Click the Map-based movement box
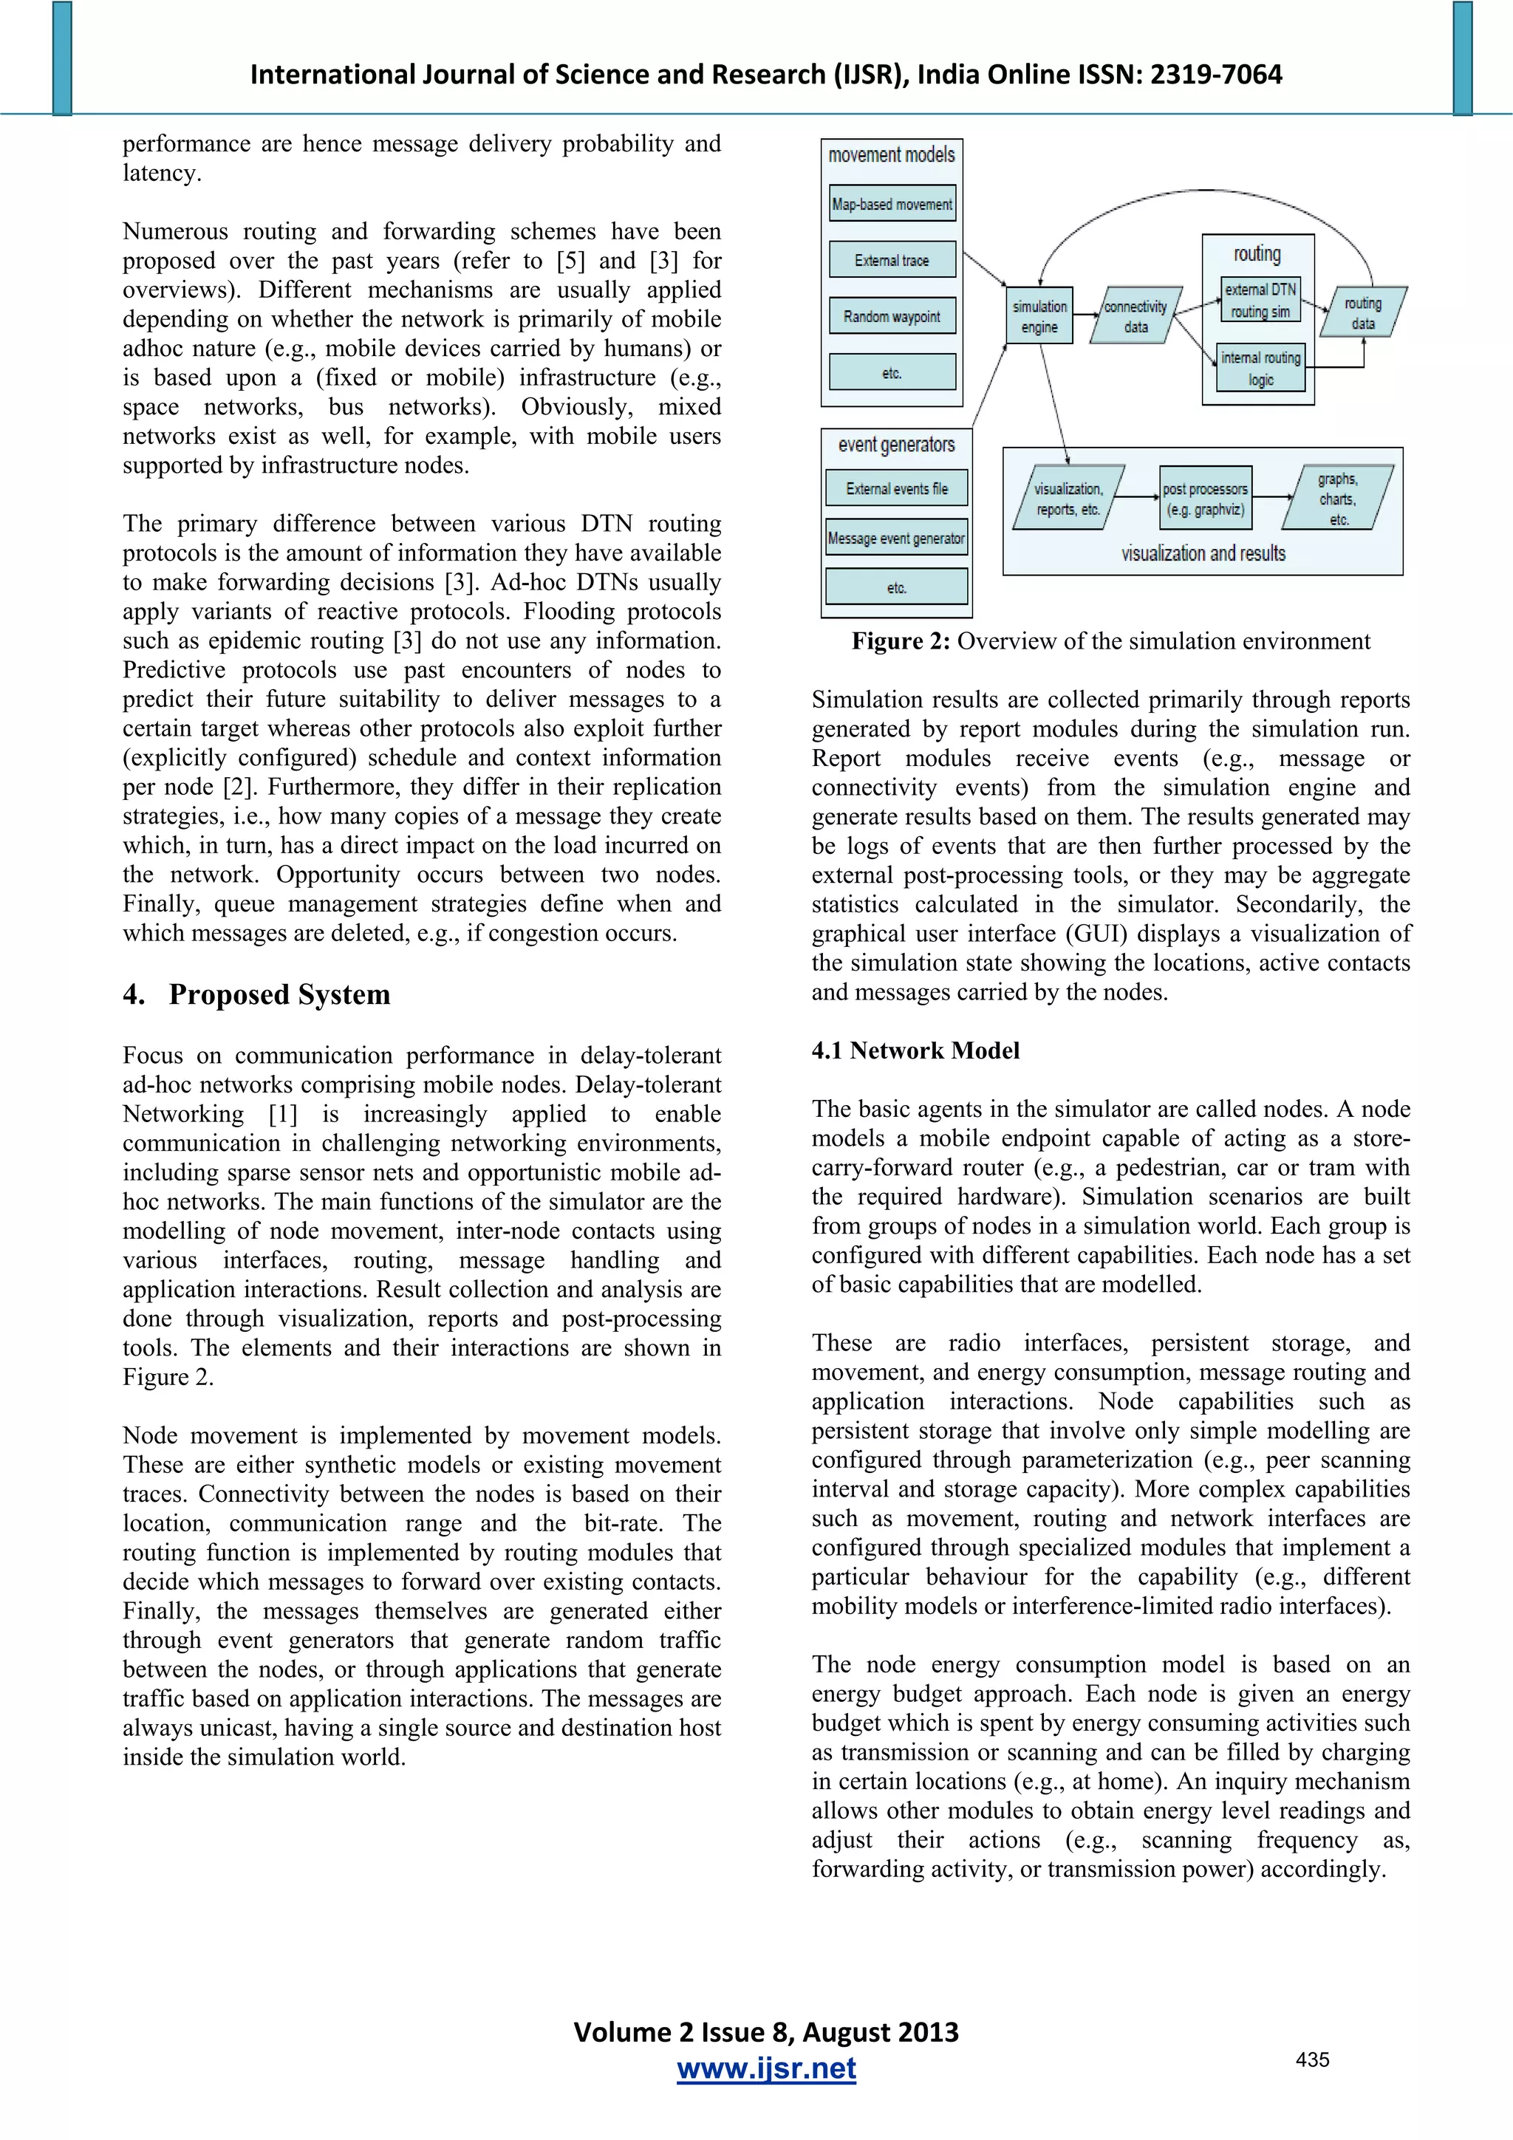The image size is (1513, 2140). [892, 204]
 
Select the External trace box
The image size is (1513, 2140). [892, 260]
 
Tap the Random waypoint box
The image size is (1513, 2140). [892, 316]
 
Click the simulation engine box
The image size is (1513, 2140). [1039, 317]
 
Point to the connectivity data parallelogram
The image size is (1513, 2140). [1135, 317]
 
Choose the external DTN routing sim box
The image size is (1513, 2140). [1260, 300]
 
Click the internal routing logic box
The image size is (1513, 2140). [1260, 368]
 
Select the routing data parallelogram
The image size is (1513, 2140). [1363, 313]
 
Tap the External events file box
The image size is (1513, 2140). [897, 488]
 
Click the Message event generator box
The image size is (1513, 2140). [897, 538]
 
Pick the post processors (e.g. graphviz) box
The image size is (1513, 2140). [1204, 499]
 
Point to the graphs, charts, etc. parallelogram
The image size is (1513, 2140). [1339, 499]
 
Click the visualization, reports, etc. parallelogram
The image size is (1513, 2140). [1068, 499]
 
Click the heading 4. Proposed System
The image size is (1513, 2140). [256, 994]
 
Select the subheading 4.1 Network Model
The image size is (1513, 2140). [915, 1050]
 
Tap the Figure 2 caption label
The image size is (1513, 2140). [900, 641]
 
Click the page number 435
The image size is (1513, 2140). [1311, 2059]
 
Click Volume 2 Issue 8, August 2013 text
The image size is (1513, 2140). [765, 2032]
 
